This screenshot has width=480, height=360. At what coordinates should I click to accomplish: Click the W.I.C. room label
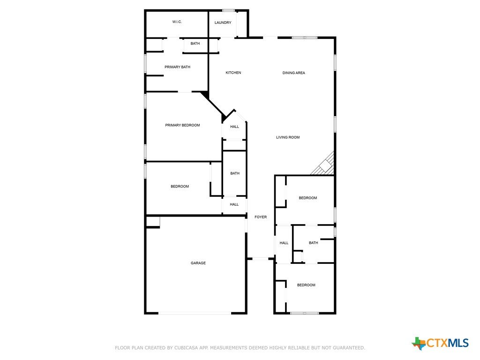177,22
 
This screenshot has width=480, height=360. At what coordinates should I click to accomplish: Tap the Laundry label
223,22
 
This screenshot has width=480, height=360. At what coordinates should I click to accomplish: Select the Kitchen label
233,73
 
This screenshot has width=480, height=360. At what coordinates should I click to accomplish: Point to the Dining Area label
293,73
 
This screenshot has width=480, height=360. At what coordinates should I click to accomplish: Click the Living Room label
288,137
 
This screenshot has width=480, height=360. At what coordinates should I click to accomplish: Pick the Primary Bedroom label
182,125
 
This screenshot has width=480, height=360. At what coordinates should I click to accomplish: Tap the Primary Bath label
177,67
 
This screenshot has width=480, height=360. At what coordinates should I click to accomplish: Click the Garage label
198,263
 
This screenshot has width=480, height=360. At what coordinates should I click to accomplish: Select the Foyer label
261,217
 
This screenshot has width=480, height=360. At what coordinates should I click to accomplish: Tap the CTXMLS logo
440,343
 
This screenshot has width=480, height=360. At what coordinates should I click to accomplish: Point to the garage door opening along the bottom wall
195,313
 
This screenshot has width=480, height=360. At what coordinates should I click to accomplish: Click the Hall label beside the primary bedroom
234,127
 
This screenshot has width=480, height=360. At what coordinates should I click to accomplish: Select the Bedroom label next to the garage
180,187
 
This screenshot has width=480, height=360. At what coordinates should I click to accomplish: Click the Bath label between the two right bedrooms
313,243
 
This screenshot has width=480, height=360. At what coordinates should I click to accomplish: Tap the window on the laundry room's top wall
228,10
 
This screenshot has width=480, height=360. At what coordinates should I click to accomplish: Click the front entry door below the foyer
260,259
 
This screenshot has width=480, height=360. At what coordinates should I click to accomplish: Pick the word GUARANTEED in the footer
348,348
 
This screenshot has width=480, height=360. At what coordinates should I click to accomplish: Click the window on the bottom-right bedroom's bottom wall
305,313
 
